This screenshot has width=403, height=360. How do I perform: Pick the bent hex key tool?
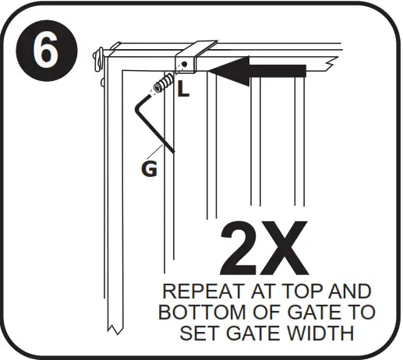click(x=153, y=121)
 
